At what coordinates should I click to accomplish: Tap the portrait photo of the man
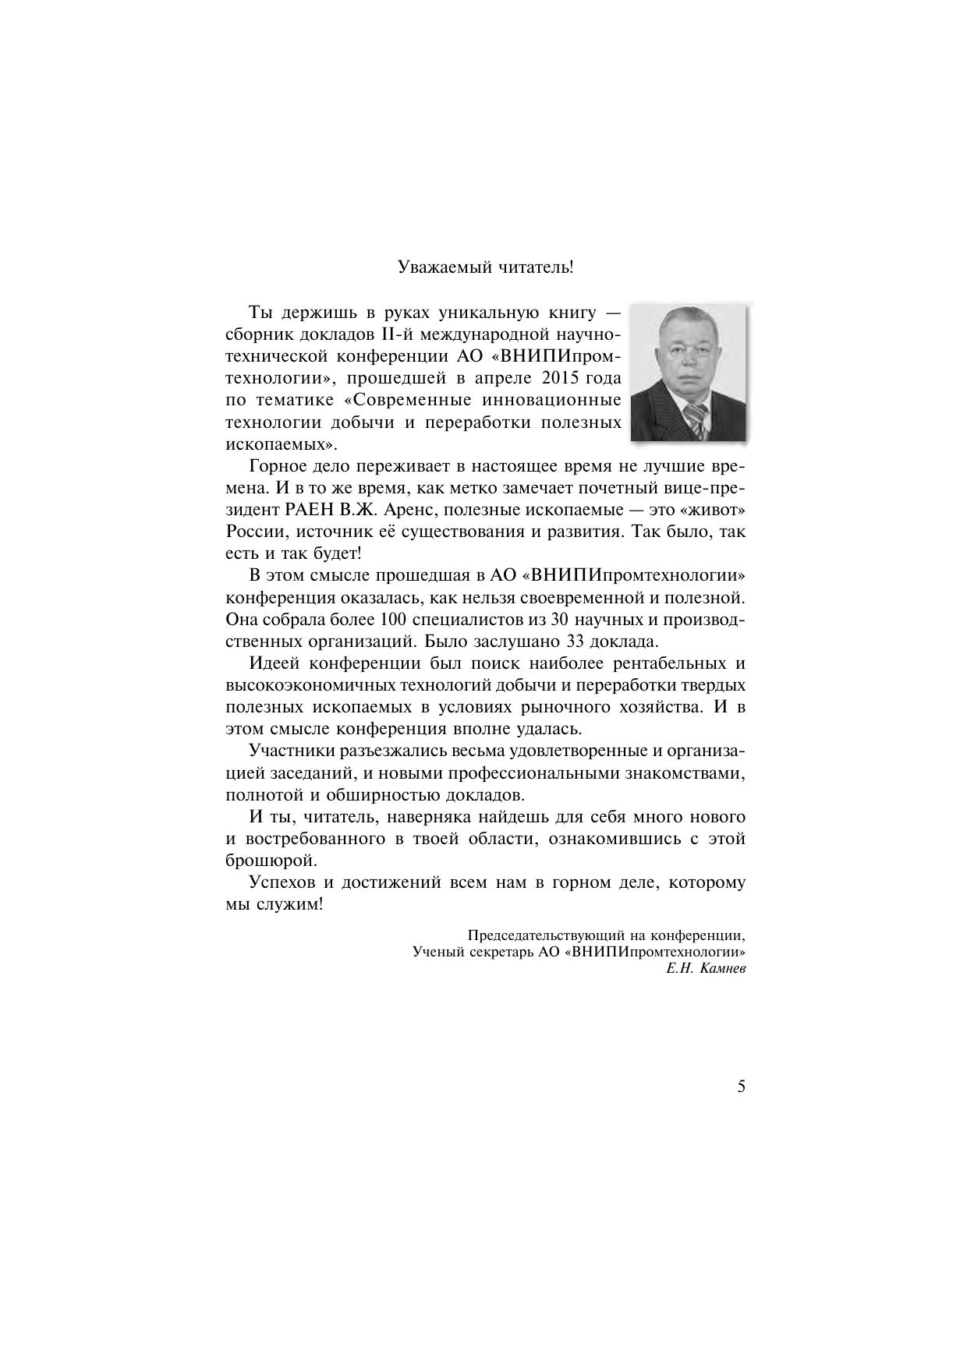(687, 373)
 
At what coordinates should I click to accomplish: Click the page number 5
(741, 1087)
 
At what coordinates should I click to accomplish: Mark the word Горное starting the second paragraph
(275, 467)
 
